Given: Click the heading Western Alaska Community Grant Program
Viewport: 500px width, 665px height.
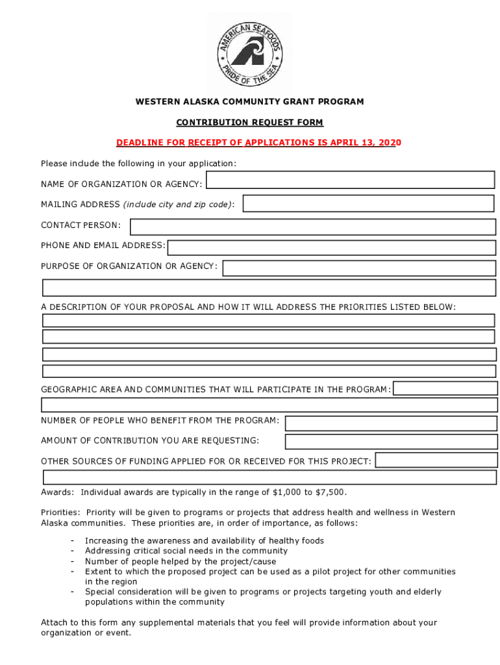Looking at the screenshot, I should pyautogui.click(x=249, y=102).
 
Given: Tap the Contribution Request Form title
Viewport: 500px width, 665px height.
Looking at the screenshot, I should pyautogui.click(x=249, y=122).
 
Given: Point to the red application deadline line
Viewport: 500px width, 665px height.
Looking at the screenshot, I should pyautogui.click(x=258, y=142).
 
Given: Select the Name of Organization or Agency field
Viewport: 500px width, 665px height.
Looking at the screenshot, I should pyautogui.click(x=351, y=180).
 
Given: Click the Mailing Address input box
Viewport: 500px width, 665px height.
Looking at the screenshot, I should pyautogui.click(x=368, y=203).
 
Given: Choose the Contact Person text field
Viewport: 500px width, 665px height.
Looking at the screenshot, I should pyautogui.click(x=312, y=226).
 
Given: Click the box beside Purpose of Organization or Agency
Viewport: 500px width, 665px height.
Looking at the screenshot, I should pyautogui.click(x=359, y=268).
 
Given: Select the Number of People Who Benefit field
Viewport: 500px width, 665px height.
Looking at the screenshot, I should pyautogui.click(x=391, y=423).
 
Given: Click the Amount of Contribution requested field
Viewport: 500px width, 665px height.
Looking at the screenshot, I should pyautogui.click(x=391, y=442).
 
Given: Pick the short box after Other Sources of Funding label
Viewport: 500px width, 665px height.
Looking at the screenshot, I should pyautogui.click(x=436, y=460).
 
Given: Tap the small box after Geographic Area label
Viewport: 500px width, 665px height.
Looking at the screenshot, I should pyautogui.click(x=445, y=388).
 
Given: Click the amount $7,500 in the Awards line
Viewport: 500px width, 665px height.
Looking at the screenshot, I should pyautogui.click(x=331, y=492).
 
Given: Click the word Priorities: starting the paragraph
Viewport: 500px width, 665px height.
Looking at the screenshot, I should pyautogui.click(x=60, y=513).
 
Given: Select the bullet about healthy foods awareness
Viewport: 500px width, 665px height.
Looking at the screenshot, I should pyautogui.click(x=204, y=541).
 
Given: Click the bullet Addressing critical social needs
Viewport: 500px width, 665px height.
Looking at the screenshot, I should pyautogui.click(x=186, y=551).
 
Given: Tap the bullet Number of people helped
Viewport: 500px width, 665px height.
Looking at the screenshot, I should pyautogui.click(x=180, y=562).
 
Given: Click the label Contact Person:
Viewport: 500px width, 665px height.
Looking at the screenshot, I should pyautogui.click(x=81, y=225).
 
